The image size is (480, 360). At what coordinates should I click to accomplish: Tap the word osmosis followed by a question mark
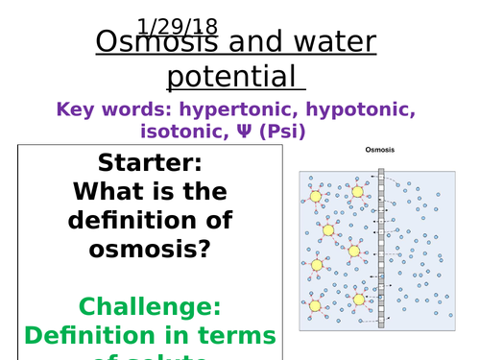click(x=150, y=248)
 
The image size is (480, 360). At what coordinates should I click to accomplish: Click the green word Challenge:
click(x=150, y=306)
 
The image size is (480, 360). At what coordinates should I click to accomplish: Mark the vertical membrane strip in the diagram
click(x=381, y=250)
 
